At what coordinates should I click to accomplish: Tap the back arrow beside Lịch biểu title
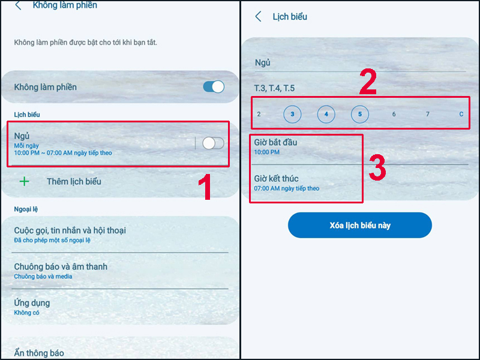pyautogui.click(x=259, y=17)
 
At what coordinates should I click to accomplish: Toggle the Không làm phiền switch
pyautogui.click(x=214, y=87)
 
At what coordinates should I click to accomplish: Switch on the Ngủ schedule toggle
pyautogui.click(x=213, y=143)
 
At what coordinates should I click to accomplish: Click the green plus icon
pyautogui.click(x=24, y=182)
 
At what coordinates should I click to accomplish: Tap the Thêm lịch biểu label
pyautogui.click(x=74, y=182)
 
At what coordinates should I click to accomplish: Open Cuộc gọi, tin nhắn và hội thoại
pyautogui.click(x=70, y=230)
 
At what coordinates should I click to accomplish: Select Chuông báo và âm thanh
pyautogui.click(x=61, y=266)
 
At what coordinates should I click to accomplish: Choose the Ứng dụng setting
pyautogui.click(x=32, y=303)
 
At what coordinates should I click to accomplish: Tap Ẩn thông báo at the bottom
pyautogui.click(x=39, y=353)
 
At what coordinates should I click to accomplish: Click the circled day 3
pyautogui.click(x=292, y=114)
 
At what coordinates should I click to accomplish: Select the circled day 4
pyautogui.click(x=326, y=114)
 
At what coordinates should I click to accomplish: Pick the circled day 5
pyautogui.click(x=359, y=114)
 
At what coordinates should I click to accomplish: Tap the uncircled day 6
pyautogui.click(x=394, y=114)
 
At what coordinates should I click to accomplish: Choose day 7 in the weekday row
pyautogui.click(x=428, y=114)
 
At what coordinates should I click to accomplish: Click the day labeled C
pyautogui.click(x=461, y=114)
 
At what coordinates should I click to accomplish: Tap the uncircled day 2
pyautogui.click(x=259, y=114)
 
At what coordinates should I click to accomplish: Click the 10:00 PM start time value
pyautogui.click(x=266, y=152)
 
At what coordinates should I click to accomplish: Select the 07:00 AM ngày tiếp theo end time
pyautogui.click(x=287, y=188)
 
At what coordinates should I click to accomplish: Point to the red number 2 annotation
pyautogui.click(x=368, y=82)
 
